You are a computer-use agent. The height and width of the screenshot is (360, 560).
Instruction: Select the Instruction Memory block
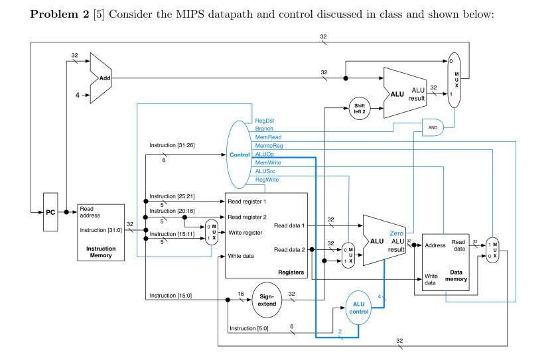pos(100,232)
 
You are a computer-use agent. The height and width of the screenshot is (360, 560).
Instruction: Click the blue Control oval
pos(239,154)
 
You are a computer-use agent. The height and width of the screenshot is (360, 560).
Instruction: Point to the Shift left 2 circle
pos(360,108)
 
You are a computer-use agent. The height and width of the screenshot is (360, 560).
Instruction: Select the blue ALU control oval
pos(358,308)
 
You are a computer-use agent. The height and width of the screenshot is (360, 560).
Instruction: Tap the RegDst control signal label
pos(265,121)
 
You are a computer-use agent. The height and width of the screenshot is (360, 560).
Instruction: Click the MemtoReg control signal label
pos(269,145)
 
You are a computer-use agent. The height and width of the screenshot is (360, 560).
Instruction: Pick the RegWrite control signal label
pos(267,179)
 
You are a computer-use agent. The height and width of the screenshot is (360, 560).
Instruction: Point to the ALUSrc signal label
pos(265,170)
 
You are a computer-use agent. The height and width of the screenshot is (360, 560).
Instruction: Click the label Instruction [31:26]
pos(172,145)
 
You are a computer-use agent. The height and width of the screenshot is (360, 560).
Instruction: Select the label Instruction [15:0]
pos(171,295)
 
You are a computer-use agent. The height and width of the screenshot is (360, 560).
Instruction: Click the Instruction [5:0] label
pos(246,329)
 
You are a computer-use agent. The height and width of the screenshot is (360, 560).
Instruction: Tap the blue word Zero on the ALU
pos(397,233)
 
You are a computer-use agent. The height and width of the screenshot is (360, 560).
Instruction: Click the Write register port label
pos(246,233)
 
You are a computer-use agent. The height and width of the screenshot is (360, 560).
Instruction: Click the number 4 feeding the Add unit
pos(77,95)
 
